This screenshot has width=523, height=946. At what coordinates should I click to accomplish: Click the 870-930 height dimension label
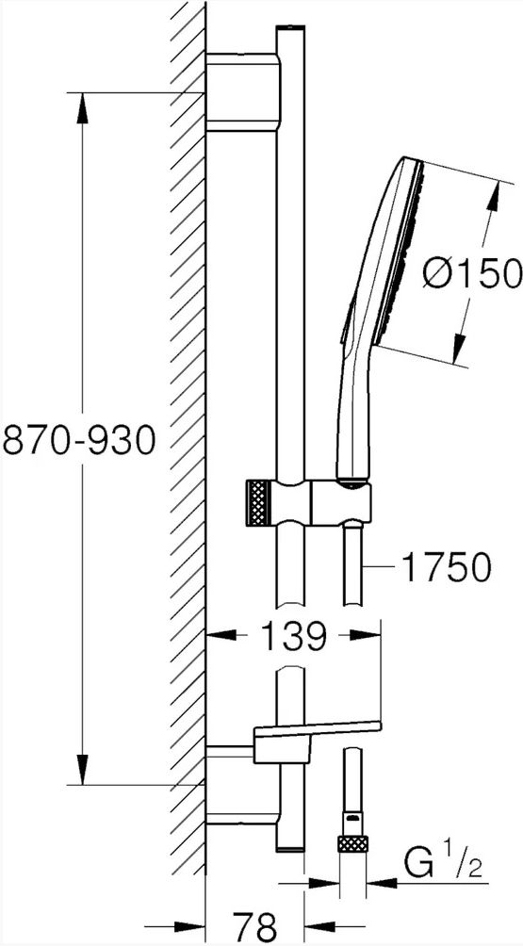[79, 439]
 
